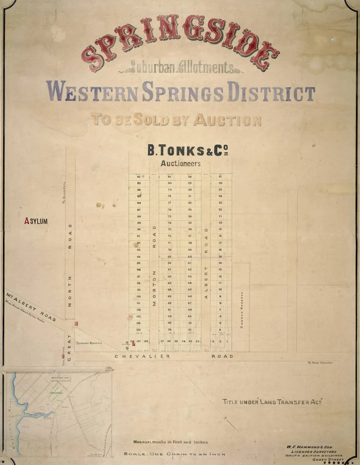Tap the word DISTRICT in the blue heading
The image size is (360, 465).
270,93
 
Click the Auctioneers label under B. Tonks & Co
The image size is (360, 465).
181,163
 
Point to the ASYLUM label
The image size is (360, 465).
36,222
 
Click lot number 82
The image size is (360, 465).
139,176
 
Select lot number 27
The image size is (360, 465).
220,176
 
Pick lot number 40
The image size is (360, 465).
190,257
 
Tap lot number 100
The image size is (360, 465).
138,296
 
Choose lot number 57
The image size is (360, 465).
162,341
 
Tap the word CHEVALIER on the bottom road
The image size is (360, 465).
142,356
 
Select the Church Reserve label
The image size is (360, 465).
242,310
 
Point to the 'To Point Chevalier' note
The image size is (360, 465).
320,363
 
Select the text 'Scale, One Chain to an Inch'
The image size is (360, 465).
174,454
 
